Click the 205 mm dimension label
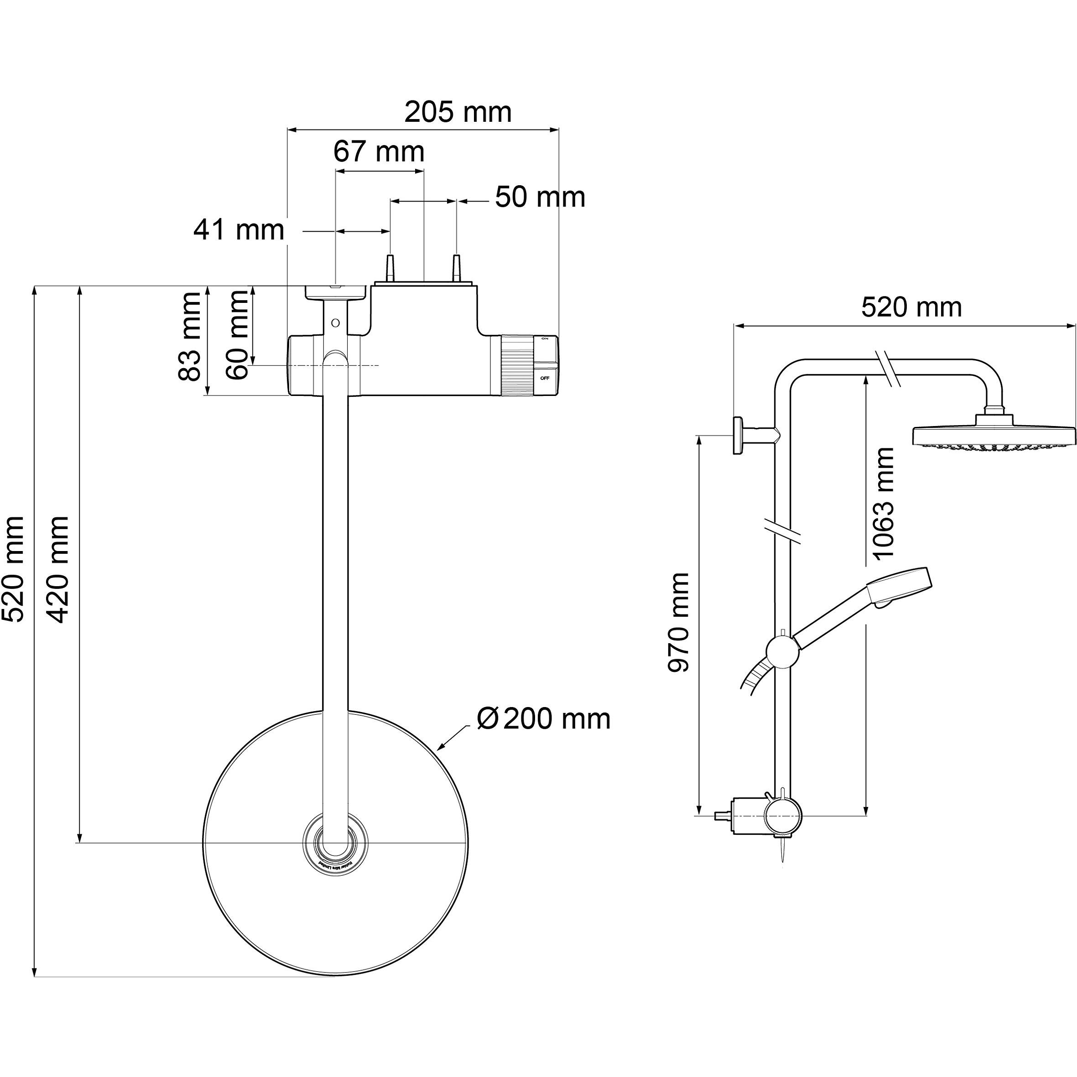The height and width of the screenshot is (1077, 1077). pyautogui.click(x=458, y=112)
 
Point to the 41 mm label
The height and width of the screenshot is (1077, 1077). pyautogui.click(x=239, y=229)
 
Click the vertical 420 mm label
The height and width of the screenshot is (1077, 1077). pyautogui.click(x=58, y=569)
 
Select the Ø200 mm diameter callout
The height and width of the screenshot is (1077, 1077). pyautogui.click(x=543, y=718)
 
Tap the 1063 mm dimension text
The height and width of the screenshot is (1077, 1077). pyautogui.click(x=883, y=502)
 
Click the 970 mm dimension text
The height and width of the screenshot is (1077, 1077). pyautogui.click(x=679, y=622)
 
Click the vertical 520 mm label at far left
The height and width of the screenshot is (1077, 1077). pyautogui.click(x=13, y=569)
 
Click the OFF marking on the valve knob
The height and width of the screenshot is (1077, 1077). pyautogui.click(x=545, y=379)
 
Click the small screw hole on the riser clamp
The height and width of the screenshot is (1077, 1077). pyautogui.click(x=335, y=322)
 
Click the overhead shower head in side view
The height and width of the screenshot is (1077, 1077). pyautogui.click(x=993, y=435)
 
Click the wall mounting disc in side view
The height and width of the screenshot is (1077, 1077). pyautogui.click(x=739, y=435)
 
